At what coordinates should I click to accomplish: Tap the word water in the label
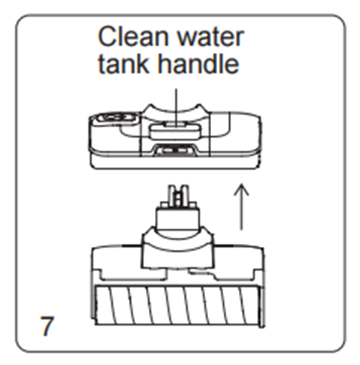(211, 37)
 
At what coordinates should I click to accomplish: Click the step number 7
(47, 325)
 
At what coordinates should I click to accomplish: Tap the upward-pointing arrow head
(241, 189)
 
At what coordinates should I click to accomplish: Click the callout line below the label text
(176, 107)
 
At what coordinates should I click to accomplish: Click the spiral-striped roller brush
(178, 305)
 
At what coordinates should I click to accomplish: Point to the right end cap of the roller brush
(262, 306)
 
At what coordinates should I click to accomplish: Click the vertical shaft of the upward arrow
(241, 207)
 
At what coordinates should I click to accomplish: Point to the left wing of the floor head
(117, 263)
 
